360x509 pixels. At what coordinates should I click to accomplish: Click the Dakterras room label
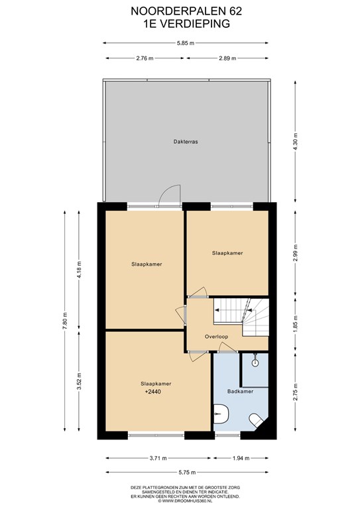[x=186, y=142]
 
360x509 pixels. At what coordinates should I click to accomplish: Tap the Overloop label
[x=216, y=337]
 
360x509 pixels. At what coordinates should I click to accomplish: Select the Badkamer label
[x=240, y=391]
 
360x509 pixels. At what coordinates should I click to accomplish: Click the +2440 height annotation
[x=153, y=392]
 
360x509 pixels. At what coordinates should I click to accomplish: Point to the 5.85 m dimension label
[x=186, y=43]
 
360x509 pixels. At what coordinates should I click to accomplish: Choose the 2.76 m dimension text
[x=145, y=58]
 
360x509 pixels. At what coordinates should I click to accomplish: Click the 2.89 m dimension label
[x=227, y=58]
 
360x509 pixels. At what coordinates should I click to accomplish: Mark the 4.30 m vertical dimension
[x=296, y=141]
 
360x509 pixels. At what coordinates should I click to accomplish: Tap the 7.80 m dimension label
[x=65, y=321]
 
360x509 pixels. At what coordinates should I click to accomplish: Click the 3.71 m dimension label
[x=158, y=459]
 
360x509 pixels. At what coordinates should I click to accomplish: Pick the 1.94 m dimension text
[x=241, y=459]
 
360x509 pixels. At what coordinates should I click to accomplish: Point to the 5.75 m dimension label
[x=187, y=473]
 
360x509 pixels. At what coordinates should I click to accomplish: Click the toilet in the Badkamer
[x=257, y=420]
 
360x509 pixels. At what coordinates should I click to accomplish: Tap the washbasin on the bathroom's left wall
[x=221, y=414]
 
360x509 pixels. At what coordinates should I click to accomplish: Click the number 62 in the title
[x=236, y=11]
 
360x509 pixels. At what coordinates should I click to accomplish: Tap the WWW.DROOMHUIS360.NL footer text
[x=188, y=501]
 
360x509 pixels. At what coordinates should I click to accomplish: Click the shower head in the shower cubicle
[x=255, y=361]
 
